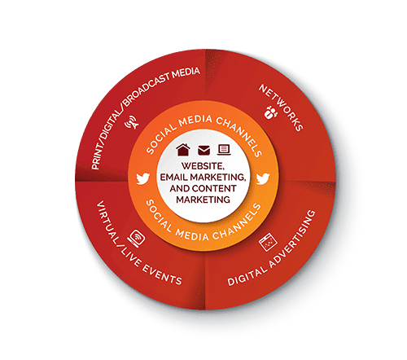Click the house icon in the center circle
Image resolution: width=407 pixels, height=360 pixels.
183,150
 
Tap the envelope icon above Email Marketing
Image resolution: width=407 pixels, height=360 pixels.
203,151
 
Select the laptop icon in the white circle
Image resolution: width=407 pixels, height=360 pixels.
224,150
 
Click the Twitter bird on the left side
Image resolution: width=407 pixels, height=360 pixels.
143,178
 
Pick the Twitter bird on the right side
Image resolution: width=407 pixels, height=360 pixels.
263,178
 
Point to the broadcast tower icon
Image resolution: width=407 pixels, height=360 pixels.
132,122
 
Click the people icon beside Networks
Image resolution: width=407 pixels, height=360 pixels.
271,112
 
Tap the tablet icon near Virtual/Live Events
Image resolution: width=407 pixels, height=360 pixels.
137,239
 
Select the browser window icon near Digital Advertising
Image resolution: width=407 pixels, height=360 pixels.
268,242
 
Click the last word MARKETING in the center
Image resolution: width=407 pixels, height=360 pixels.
203,200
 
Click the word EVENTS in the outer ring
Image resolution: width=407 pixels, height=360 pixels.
162,274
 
